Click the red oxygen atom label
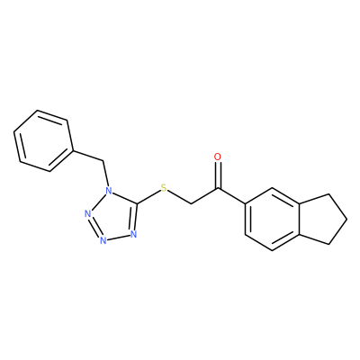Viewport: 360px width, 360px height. [x=218, y=157]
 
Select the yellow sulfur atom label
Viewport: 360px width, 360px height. [x=164, y=188]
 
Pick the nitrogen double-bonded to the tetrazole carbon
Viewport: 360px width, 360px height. [x=133, y=234]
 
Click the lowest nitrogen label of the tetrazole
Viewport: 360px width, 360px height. [x=103, y=240]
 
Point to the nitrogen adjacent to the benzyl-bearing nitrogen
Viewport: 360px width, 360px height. [x=87, y=214]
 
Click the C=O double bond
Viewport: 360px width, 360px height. [x=218, y=175]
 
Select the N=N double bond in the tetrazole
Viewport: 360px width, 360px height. [x=94, y=227]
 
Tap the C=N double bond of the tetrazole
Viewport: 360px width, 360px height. [x=135, y=217]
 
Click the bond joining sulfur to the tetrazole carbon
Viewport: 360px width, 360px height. [x=148, y=197]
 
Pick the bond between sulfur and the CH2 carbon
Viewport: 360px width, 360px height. [x=179, y=197]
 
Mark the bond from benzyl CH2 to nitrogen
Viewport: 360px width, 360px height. [x=105, y=174]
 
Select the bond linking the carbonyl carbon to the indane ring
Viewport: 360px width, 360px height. [x=232, y=196]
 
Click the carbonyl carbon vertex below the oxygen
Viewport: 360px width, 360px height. [x=219, y=189]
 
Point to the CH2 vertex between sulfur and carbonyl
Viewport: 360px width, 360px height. [x=192, y=204]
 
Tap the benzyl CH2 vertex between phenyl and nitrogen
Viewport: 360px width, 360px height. [x=103, y=161]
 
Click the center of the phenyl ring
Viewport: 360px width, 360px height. [x=43, y=141]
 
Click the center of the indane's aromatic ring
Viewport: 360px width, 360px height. [x=272, y=220]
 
